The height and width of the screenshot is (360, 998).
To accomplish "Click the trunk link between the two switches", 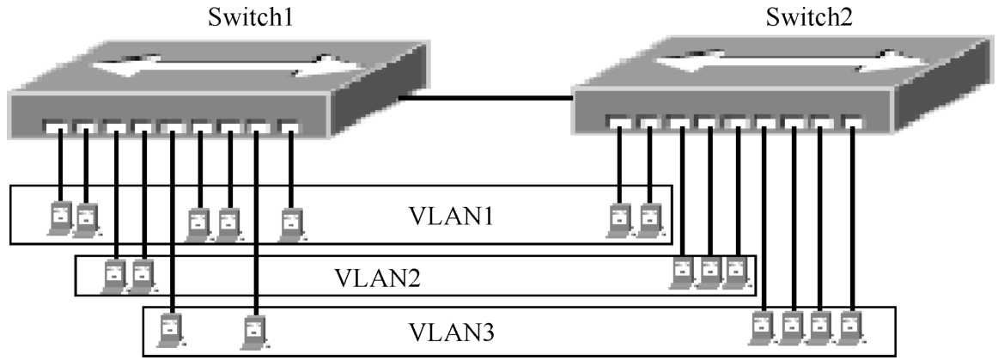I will click(x=485, y=98).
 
